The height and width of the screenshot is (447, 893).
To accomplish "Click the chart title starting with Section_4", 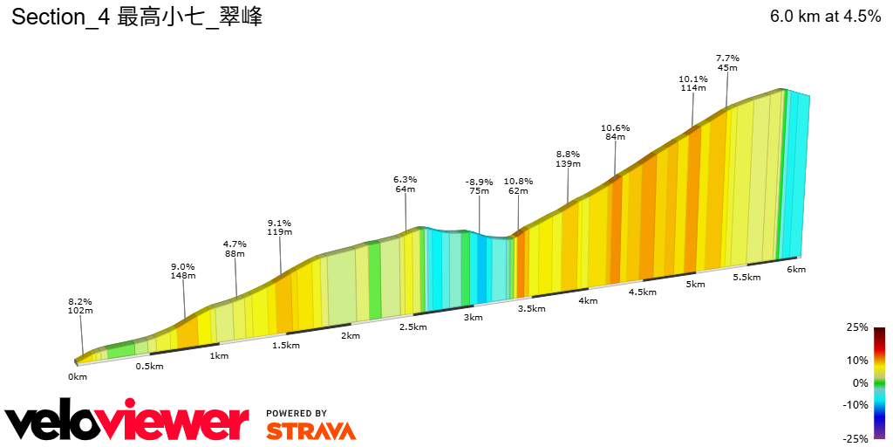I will click(x=137, y=17).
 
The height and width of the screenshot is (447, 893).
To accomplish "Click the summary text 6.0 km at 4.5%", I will click(x=825, y=17).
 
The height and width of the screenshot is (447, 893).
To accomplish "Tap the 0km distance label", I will click(x=78, y=376).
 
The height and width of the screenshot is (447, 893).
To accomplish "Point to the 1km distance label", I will click(x=218, y=355).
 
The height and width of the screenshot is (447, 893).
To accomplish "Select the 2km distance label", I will click(x=351, y=336).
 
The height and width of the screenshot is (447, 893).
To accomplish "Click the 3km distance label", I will click(x=473, y=318).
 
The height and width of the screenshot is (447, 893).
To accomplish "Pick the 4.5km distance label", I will click(x=642, y=292).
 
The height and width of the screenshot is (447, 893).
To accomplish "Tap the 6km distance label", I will click(x=795, y=270).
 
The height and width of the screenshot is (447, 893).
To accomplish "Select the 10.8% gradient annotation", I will click(x=518, y=181).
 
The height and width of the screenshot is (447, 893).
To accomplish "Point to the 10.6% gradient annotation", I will click(x=615, y=127).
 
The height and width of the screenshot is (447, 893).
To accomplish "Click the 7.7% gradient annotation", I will click(x=727, y=57).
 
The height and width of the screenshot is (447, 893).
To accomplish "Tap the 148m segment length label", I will click(x=183, y=276).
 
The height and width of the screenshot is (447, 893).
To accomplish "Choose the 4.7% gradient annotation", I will click(x=235, y=244).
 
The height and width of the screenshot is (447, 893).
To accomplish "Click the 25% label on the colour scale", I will click(x=857, y=327).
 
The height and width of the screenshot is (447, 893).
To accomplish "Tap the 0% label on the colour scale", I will click(x=860, y=382).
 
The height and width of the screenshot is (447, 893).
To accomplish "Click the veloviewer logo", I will click(x=127, y=422).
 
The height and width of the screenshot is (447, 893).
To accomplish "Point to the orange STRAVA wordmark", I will click(x=310, y=431).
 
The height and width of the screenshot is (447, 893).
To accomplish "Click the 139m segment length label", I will click(x=568, y=163).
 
